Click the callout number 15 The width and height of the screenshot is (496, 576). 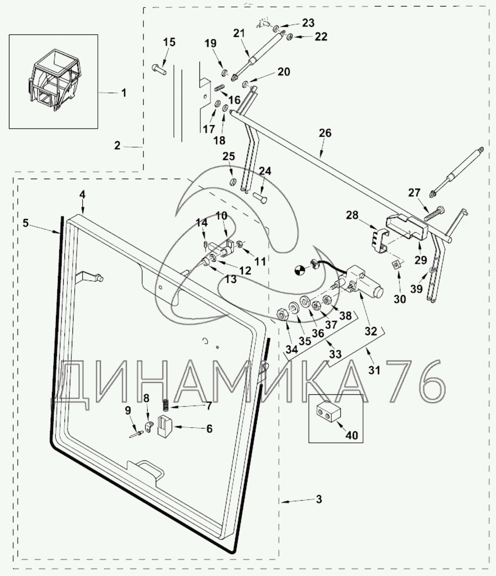pyautogui.click(x=170, y=42)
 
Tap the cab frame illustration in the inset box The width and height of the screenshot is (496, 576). pyautogui.click(x=53, y=81)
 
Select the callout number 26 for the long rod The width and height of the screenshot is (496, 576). pyautogui.click(x=325, y=133)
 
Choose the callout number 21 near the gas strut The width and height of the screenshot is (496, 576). pyautogui.click(x=239, y=33)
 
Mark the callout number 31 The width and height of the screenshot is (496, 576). pyautogui.click(x=374, y=370)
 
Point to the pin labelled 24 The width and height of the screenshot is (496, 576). pyautogui.click(x=261, y=199)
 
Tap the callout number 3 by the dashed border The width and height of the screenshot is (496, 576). pyautogui.click(x=319, y=499)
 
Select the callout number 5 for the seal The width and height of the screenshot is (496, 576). pyautogui.click(x=26, y=223)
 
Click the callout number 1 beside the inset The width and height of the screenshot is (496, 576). pyautogui.click(x=124, y=93)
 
